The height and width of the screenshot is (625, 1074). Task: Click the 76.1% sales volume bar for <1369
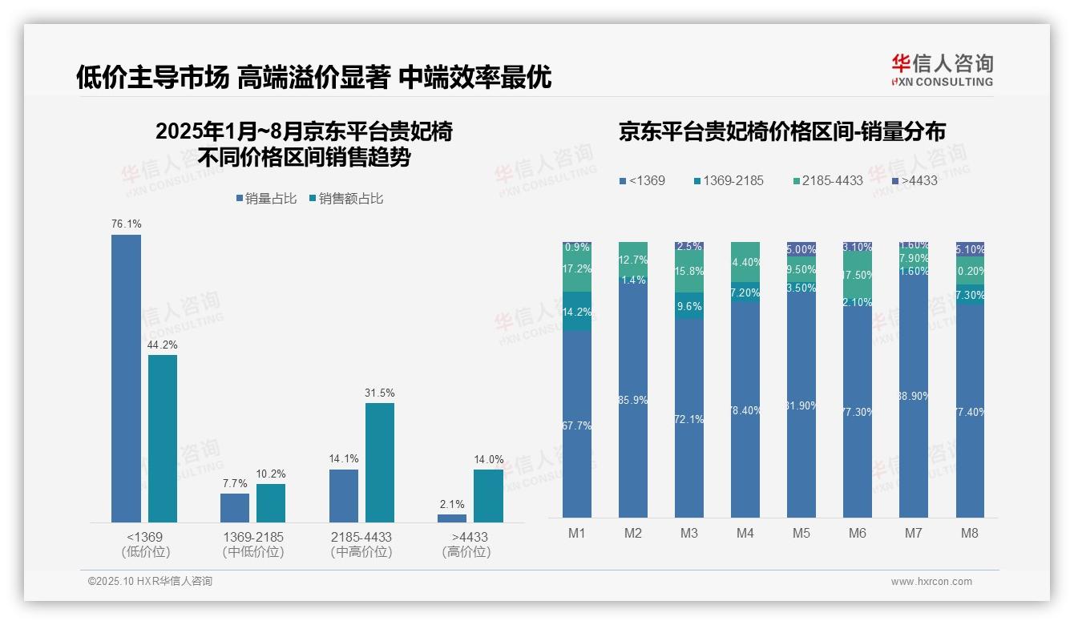point(126,378)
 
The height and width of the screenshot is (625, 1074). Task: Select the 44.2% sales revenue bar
point(163,438)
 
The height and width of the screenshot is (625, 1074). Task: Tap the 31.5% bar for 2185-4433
point(380,462)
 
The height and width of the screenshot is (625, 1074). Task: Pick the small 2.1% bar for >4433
point(452,518)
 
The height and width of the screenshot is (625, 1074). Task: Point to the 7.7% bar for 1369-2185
point(235,508)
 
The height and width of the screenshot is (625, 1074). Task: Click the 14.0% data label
point(489,460)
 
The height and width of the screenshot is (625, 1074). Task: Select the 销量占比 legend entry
point(266,199)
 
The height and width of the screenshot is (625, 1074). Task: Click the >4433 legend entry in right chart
point(915,180)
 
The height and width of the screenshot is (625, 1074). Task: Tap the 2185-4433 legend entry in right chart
point(827,180)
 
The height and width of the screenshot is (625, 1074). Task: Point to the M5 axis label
point(801,533)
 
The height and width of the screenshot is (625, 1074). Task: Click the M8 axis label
point(970,533)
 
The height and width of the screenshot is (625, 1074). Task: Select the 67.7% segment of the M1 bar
point(577,425)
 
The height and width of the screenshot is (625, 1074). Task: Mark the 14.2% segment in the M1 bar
point(577,312)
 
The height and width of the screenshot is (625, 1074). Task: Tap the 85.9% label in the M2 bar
point(633,400)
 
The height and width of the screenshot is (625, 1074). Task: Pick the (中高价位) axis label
point(361,552)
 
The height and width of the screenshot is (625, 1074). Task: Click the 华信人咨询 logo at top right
point(942,70)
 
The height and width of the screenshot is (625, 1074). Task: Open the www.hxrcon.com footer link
point(931,582)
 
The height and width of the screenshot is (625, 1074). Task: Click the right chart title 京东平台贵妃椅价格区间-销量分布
point(781,131)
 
